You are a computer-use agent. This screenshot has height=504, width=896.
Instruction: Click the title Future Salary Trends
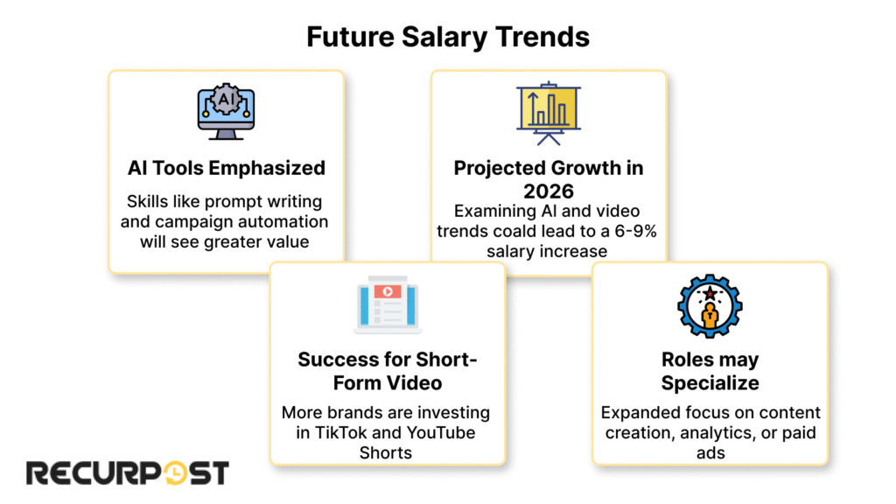[x=447, y=37]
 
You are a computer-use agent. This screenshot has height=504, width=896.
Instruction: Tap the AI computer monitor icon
[x=226, y=113]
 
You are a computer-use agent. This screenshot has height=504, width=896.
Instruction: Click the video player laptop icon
[x=387, y=306]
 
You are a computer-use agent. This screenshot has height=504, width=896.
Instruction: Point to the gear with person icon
[x=710, y=306]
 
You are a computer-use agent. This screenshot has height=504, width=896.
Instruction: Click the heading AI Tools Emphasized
[x=226, y=168]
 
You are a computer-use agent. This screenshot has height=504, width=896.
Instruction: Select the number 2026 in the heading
[x=548, y=190]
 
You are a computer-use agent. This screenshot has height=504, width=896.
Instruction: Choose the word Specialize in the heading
[x=710, y=382]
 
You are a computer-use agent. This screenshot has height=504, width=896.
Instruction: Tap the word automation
[x=284, y=220]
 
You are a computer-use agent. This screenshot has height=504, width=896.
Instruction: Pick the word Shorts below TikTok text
[x=387, y=452]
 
